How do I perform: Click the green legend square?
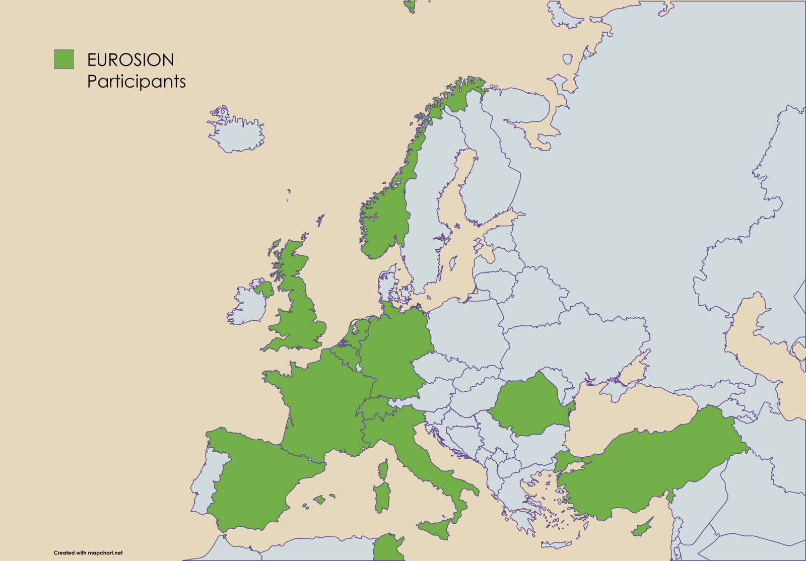64,59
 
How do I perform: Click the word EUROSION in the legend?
130,60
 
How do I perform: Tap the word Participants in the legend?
136,82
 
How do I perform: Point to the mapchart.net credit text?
88,552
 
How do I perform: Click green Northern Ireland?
263,289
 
